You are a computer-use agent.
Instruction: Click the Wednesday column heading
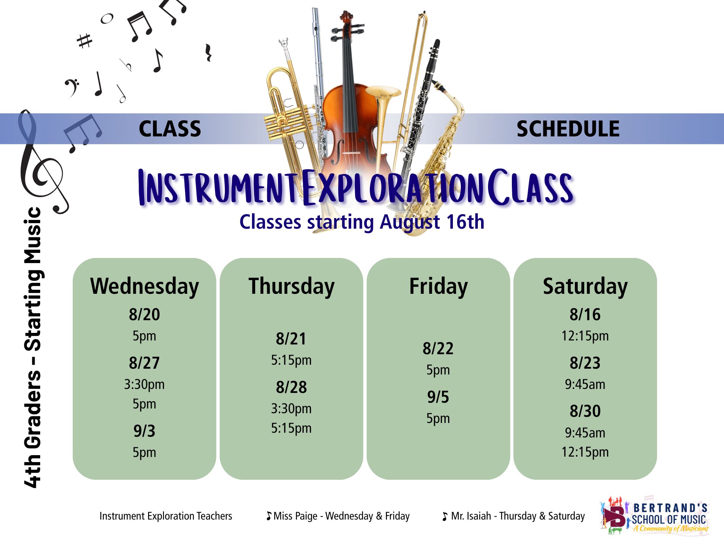144,287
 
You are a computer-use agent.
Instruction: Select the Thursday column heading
291,287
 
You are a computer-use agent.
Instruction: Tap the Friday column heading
438,287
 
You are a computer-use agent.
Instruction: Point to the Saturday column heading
585,287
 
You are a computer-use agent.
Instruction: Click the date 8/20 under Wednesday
144,314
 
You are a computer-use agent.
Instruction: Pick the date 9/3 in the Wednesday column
144,431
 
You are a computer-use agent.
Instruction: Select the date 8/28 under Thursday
291,387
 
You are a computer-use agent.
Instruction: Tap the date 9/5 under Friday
438,397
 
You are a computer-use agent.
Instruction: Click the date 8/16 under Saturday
585,314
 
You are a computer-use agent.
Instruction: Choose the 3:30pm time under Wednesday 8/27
144,384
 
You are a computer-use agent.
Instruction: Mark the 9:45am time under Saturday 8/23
585,384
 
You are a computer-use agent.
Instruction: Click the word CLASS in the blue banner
170,129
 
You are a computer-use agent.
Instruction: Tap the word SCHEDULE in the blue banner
568,129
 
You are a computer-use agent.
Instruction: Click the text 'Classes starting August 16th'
362,222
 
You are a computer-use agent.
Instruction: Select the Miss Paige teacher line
338,516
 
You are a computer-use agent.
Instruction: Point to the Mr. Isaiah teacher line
514,516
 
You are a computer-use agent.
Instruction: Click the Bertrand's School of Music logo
654,516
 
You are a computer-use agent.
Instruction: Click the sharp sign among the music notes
85,41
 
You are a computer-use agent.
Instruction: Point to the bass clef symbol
72,88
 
